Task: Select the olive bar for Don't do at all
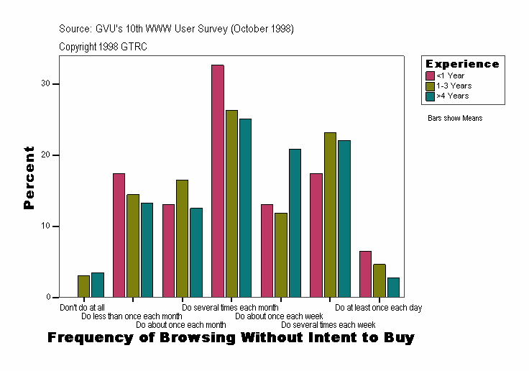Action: (84, 286)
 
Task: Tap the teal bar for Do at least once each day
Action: (393, 288)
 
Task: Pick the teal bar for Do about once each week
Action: (295, 223)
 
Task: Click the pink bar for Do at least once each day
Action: (365, 274)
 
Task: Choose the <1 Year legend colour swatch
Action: (430, 75)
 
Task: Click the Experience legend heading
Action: (462, 64)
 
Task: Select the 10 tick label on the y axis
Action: (45, 226)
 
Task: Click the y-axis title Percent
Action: (29, 178)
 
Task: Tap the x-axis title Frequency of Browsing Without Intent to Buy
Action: (231, 337)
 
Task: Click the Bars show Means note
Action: (455, 118)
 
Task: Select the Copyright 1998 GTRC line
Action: (103, 46)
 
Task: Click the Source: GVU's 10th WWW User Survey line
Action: (176, 29)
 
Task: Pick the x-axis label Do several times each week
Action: (328, 324)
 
